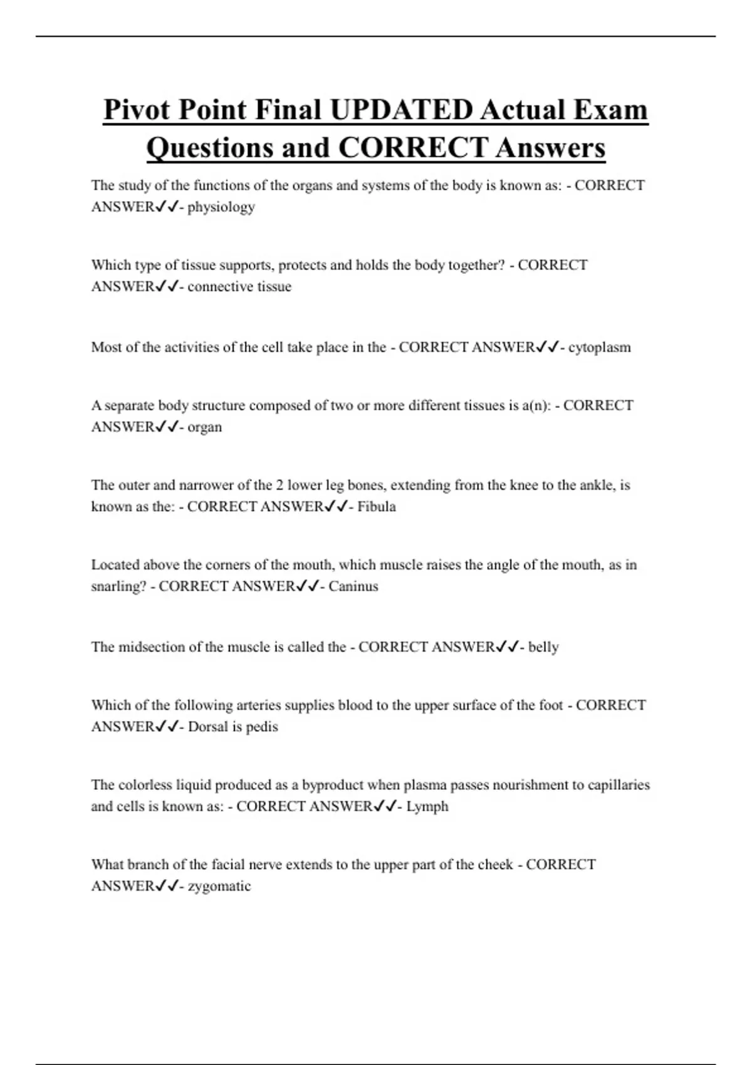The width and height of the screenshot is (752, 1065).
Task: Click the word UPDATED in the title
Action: click(401, 110)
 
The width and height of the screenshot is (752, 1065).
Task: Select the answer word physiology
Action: click(221, 207)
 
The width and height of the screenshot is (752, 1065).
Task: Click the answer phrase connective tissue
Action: click(239, 286)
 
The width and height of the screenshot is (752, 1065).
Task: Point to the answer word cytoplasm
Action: click(599, 347)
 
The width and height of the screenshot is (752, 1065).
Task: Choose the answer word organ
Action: click(204, 427)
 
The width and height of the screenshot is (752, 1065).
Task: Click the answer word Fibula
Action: click(376, 506)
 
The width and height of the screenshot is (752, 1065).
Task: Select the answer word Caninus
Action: click(353, 586)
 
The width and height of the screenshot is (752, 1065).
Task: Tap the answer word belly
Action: click(543, 647)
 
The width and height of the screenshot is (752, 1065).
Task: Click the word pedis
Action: click(261, 727)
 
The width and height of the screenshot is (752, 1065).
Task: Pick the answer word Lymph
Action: click(427, 806)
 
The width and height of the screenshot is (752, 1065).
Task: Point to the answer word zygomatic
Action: click(219, 886)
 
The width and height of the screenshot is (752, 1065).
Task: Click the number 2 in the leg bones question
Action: click(279, 485)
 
